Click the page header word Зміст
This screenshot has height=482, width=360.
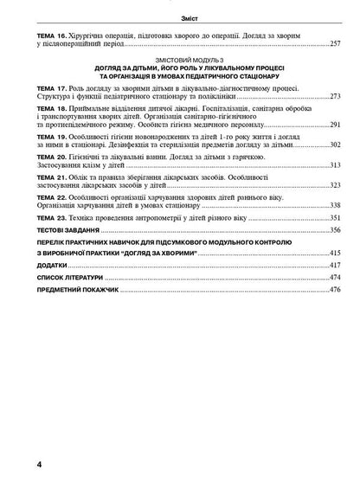(182, 16)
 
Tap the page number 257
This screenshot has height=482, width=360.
(336, 42)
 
